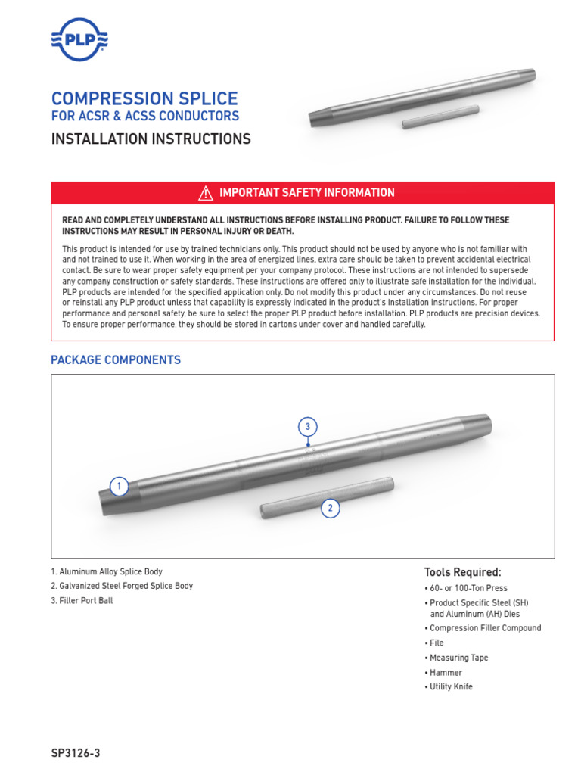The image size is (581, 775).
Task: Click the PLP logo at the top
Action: [x=79, y=39]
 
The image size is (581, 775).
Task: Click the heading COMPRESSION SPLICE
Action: [x=144, y=98]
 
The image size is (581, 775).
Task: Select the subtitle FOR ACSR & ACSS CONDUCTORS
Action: [x=144, y=116]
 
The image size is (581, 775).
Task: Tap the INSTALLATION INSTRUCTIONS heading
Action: [x=151, y=139]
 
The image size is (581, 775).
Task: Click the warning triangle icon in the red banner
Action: [x=205, y=193]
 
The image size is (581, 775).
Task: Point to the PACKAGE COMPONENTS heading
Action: [x=116, y=360]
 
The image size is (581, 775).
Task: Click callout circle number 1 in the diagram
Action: [x=120, y=487]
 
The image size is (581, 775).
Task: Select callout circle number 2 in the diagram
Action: [x=330, y=509]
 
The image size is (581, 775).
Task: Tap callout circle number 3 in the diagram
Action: [x=307, y=427]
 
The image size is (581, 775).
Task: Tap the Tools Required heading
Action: [x=463, y=572]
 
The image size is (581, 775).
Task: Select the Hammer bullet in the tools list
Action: [x=446, y=672]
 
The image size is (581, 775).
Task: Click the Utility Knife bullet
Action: [x=451, y=686]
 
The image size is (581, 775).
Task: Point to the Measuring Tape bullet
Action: [x=458, y=658]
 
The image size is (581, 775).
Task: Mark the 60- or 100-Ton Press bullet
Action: [x=468, y=588]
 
